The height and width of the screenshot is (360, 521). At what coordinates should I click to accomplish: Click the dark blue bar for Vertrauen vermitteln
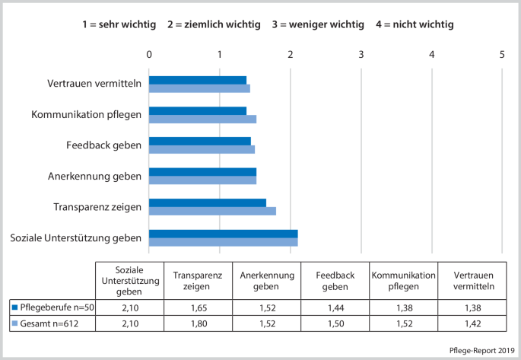pyautogui.click(x=198, y=80)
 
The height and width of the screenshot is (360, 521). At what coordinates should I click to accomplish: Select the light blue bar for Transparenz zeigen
pyautogui.click(x=212, y=211)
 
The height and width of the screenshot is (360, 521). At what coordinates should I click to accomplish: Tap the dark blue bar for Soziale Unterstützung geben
pyautogui.click(x=223, y=234)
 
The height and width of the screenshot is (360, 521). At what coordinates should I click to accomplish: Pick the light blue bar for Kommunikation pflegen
pyautogui.click(x=202, y=119)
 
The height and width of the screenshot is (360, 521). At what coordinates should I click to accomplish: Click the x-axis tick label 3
pyautogui.click(x=361, y=54)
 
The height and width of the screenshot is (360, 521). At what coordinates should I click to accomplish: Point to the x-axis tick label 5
pyautogui.click(x=503, y=54)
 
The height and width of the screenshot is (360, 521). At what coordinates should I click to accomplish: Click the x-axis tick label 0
pyautogui.click(x=149, y=54)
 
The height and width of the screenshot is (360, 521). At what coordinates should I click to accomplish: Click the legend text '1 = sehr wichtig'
pyautogui.click(x=119, y=24)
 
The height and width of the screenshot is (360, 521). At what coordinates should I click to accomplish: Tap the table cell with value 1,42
pyautogui.click(x=474, y=324)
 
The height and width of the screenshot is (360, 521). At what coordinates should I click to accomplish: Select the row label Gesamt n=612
pyautogui.click(x=50, y=324)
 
